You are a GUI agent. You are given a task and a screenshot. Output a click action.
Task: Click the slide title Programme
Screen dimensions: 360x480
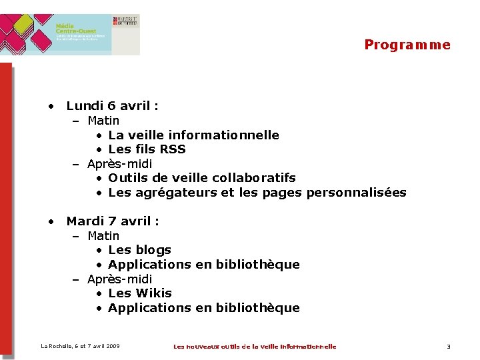pos(407,45)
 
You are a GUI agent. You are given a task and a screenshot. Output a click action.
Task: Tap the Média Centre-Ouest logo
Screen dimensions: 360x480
pos(70,33)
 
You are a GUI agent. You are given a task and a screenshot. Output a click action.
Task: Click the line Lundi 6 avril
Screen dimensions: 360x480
pos(112,105)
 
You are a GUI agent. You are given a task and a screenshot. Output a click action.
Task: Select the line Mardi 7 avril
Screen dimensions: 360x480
pos(112,221)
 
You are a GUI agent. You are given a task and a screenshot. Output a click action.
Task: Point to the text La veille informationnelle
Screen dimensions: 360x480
pos(193,135)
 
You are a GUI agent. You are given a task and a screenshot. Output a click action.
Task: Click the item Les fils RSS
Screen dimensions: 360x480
pos(147,149)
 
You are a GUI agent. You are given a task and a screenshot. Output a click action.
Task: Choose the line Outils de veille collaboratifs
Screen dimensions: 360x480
pos(201,178)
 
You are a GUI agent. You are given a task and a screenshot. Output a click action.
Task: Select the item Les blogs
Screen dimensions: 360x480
pos(139,250)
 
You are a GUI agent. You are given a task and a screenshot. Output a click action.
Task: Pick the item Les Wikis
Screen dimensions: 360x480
pos(139,293)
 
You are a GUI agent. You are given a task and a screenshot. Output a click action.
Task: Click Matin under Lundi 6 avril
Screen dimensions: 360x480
pos(103,121)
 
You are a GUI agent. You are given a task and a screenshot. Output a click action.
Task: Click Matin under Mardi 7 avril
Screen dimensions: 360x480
pos(103,236)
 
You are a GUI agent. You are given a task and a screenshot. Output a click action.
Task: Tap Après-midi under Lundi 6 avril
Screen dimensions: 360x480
pos(119,164)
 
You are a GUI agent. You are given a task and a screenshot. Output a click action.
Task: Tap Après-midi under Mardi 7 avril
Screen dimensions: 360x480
pos(119,279)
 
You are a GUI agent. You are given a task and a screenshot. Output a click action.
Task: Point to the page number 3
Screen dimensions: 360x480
pos(449,347)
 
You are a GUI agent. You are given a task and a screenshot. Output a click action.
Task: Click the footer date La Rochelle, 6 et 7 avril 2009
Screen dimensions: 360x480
pos(80,346)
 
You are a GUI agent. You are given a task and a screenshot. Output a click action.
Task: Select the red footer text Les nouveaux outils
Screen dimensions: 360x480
pos(255,347)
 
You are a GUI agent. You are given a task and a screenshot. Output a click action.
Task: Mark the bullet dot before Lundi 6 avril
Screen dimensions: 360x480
pos(50,106)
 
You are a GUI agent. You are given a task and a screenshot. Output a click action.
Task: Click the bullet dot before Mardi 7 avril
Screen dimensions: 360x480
pos(50,221)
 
